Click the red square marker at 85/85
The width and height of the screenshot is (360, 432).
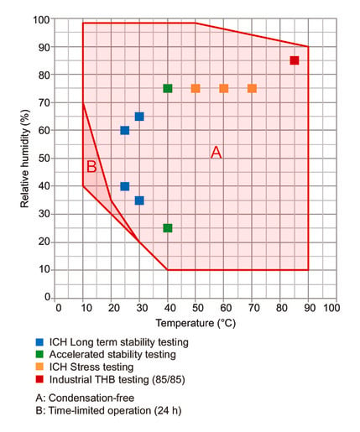coord(295,60)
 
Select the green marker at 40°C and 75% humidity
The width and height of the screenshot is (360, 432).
coord(168,88)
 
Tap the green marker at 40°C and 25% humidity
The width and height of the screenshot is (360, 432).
coord(168,228)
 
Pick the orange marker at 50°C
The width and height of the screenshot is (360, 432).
coord(196,88)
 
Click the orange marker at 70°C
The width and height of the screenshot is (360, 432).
coord(252,88)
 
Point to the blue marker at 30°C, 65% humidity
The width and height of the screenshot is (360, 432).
coord(139,117)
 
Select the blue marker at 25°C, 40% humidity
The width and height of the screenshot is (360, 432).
coord(125,186)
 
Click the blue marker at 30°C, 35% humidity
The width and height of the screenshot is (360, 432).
coord(139,200)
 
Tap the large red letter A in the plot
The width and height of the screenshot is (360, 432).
coord(217,153)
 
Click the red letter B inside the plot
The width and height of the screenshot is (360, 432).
coord(91,167)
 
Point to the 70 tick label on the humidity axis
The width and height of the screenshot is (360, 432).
coord(44,102)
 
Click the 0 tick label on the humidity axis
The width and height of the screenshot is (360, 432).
coord(47,297)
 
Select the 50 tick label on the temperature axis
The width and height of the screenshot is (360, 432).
coord(198,308)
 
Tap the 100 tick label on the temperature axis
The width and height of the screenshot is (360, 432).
coord(331,308)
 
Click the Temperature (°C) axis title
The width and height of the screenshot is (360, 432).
coord(196,323)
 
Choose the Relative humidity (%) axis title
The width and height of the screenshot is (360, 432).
coord(24,159)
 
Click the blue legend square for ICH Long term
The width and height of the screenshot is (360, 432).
coord(39,342)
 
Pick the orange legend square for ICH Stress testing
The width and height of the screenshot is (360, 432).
coord(39,367)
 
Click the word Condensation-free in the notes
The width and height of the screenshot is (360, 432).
coord(91,398)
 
